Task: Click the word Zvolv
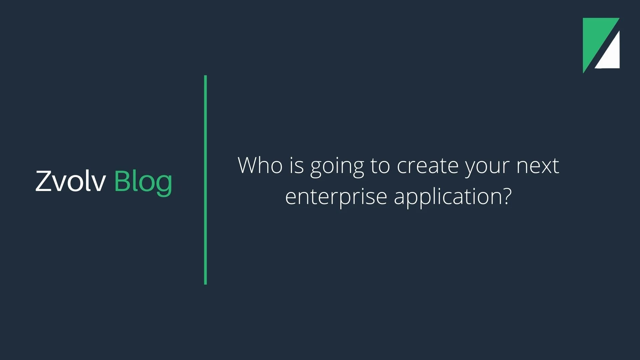[x=71, y=181]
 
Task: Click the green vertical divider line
[x=205, y=180]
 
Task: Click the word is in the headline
[x=297, y=166]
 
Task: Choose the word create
[x=428, y=166]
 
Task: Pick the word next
[x=538, y=166]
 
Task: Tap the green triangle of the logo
[x=595, y=38]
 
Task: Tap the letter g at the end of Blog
[x=164, y=186]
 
